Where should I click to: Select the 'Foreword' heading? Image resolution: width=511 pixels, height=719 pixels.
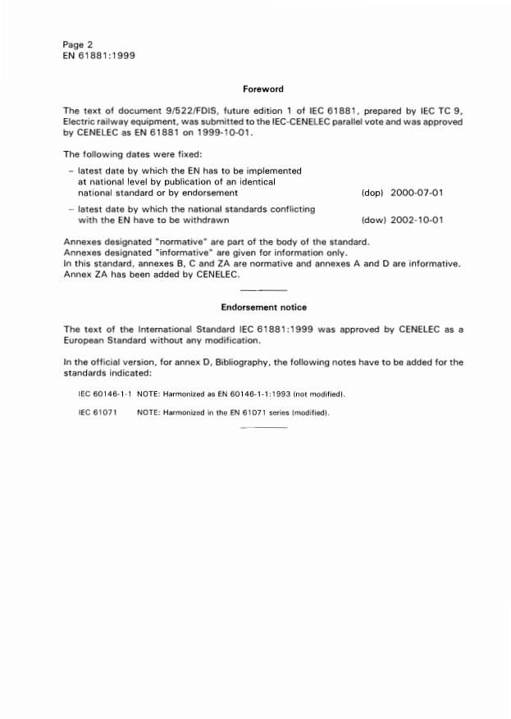(x=263, y=89)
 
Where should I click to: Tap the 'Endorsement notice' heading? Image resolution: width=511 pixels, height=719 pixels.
(x=263, y=307)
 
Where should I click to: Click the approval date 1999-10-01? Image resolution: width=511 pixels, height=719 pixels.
(x=229, y=132)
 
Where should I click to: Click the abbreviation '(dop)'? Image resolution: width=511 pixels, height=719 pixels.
(x=373, y=193)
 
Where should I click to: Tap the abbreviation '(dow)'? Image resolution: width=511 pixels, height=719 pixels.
(x=373, y=220)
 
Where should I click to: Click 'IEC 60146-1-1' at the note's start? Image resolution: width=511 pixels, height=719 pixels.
(x=105, y=394)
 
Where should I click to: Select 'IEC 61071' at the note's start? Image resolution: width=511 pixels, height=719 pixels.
(x=97, y=412)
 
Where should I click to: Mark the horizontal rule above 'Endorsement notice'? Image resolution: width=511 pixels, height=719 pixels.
(x=264, y=291)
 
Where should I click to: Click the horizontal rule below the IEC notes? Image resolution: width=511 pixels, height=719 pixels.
(x=264, y=428)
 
